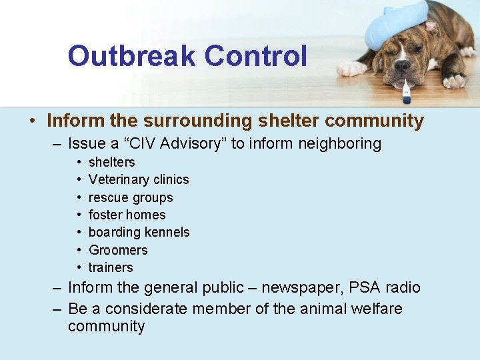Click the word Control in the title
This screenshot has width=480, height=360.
tap(256, 56)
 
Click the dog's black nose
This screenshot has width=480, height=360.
tap(402, 66)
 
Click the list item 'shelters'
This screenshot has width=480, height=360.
tap(111, 162)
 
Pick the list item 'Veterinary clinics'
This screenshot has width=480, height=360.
tap(139, 179)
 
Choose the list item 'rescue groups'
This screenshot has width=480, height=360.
tap(131, 197)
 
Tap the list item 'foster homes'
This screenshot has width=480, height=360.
tap(127, 215)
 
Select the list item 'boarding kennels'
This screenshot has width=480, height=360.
tap(139, 232)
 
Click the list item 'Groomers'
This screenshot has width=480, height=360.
tap(118, 250)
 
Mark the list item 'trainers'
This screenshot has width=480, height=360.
tap(111, 267)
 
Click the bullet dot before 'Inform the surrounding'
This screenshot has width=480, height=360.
tap(32, 121)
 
